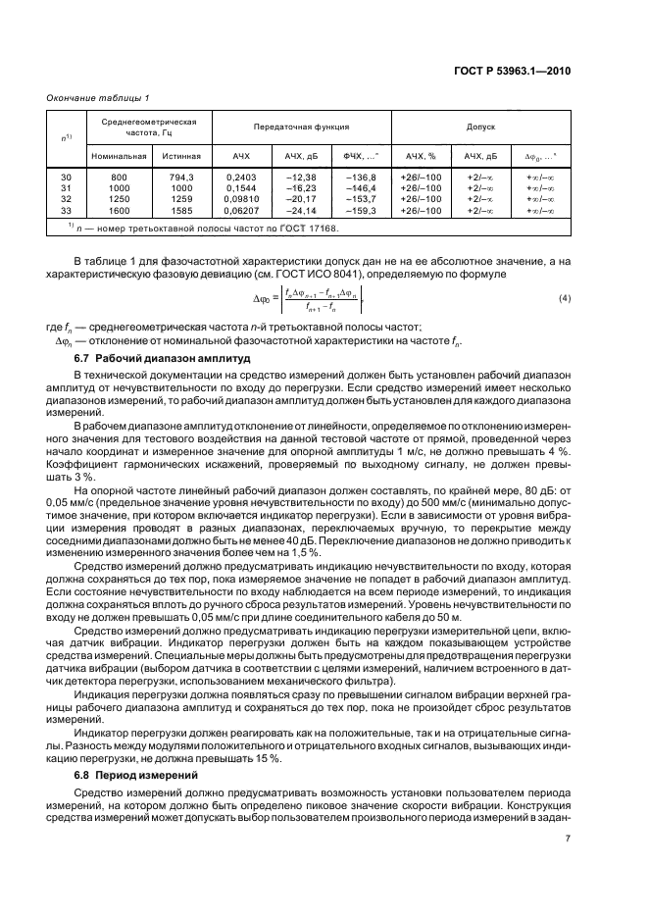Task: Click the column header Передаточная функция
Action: (x=302, y=127)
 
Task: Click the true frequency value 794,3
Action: (x=182, y=177)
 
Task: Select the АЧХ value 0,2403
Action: (x=241, y=177)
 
